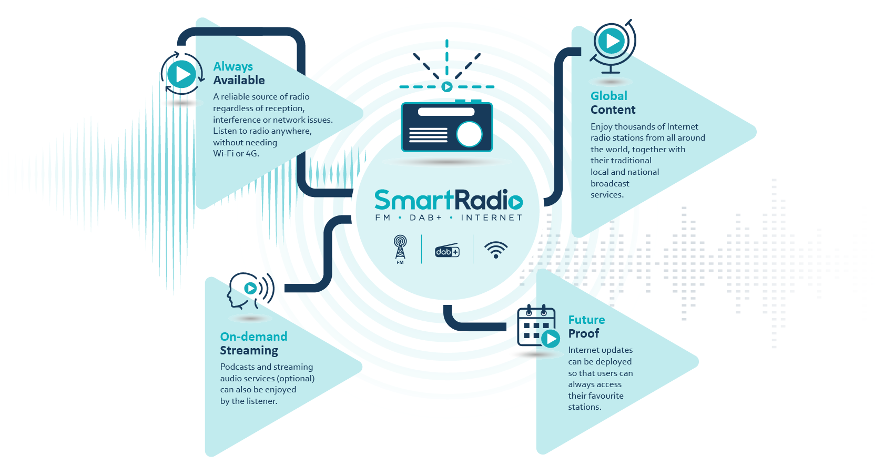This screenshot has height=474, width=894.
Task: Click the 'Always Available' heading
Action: click(239, 73)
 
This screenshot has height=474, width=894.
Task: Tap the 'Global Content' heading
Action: click(613, 103)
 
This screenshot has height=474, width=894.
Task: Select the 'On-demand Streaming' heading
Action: click(253, 343)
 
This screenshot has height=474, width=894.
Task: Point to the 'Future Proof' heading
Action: click(586, 327)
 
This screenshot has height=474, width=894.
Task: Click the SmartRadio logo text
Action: click(448, 200)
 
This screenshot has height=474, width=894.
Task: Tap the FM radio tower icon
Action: click(400, 249)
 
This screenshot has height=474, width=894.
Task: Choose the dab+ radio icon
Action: click(447, 251)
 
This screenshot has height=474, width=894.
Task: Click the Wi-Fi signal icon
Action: click(496, 250)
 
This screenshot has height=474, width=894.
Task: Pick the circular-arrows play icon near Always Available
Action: click(182, 74)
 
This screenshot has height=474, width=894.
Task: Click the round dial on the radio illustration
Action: click(469, 134)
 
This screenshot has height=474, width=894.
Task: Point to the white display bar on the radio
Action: click(446, 112)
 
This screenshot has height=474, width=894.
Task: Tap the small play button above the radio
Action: click(447, 87)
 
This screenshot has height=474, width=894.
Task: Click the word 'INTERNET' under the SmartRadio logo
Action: click(491, 218)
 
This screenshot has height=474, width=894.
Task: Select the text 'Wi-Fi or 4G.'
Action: click(236, 154)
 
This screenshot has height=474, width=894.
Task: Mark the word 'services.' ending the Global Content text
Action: click(607, 195)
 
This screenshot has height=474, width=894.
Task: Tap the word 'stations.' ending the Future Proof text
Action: click(584, 407)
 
